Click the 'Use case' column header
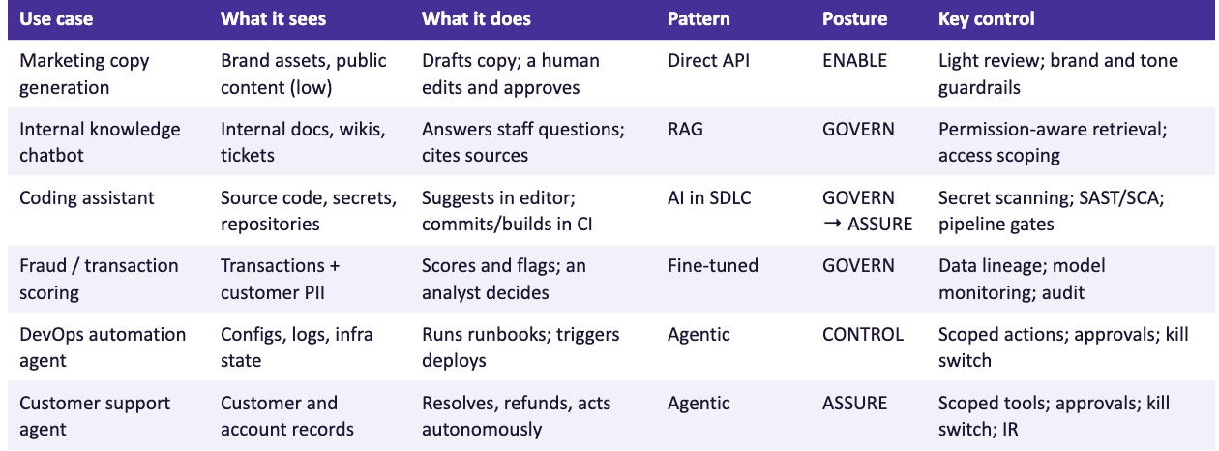click(56, 19)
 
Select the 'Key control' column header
click(986, 19)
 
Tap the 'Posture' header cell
click(854, 19)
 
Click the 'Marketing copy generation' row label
click(84, 74)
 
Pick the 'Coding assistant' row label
click(86, 197)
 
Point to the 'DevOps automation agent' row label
click(103, 347)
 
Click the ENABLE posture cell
click(854, 60)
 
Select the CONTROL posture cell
click(863, 334)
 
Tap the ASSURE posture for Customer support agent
click(854, 403)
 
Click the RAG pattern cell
click(685, 129)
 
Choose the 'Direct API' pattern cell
click(708, 60)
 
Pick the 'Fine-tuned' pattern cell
click(713, 266)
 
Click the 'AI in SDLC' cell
click(709, 197)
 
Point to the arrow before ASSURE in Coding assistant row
click(832, 224)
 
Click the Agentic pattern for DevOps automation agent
click(699, 334)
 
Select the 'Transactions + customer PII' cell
click(280, 279)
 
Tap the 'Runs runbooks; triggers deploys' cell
click(520, 347)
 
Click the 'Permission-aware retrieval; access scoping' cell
click(1053, 142)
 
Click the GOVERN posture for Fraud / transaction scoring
click(858, 266)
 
